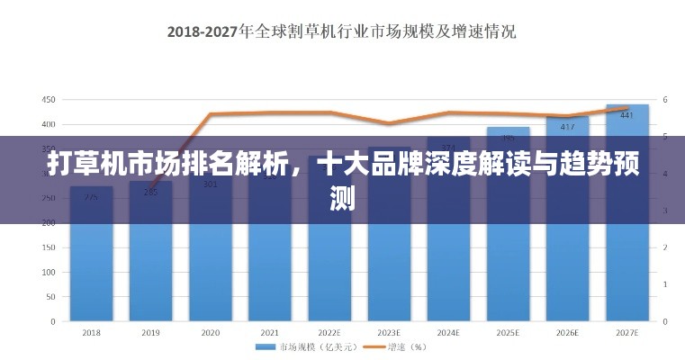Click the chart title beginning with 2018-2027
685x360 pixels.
click(x=341, y=31)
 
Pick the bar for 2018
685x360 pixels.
click(x=92, y=270)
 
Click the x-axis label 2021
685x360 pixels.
click(x=270, y=332)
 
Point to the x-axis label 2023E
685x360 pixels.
click(x=389, y=332)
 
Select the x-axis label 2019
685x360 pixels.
click(x=151, y=332)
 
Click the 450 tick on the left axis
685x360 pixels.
click(x=49, y=99)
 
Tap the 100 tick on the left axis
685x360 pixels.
click(x=49, y=272)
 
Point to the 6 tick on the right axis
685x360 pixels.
click(x=665, y=99)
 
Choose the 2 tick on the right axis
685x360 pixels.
click(x=665, y=247)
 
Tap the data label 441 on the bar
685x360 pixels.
click(x=627, y=115)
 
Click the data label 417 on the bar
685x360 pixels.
click(x=568, y=127)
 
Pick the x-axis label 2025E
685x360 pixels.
click(x=509, y=332)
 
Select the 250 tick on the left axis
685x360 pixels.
click(x=49, y=198)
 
